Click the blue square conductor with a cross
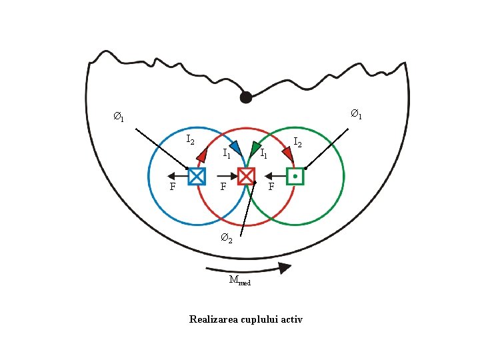tap(197, 176)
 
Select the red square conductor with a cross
tap(246, 176)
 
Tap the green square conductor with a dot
tap(295, 176)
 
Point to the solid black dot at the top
tap(246, 97)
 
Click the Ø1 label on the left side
tap(118, 118)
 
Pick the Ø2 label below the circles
tap(227, 239)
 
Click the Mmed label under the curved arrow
tap(239, 281)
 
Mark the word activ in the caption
tap(291, 319)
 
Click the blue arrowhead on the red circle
tap(235, 147)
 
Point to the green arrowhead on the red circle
tap(255, 147)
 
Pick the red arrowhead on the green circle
tap(288, 153)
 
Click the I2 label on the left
tap(190, 140)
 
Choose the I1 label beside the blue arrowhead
tap(226, 154)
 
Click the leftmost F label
tap(173, 187)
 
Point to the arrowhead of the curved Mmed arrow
tap(285, 268)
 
